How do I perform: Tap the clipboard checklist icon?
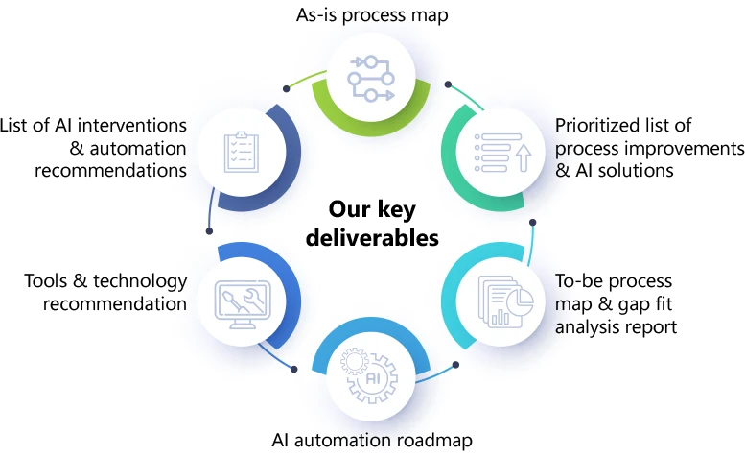coord(240,152)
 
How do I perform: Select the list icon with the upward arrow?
coord(501,152)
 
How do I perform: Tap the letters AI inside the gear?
coord(374,380)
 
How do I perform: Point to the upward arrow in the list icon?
coord(523,156)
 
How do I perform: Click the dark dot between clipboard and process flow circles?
coord(287,88)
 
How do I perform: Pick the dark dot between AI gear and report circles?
coord(455,364)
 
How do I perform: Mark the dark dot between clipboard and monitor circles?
coord(209,229)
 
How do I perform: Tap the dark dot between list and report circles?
coord(534,224)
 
